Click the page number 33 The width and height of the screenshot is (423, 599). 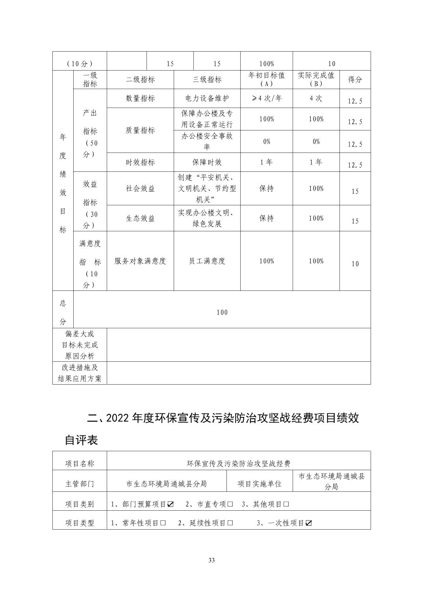click(211, 560)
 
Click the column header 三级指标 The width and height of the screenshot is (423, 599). click(207, 80)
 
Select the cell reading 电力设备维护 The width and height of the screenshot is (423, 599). click(207, 99)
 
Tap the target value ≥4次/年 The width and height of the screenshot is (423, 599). click(267, 99)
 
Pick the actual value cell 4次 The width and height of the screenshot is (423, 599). click(316, 99)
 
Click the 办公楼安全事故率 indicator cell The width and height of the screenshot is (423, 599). click(207, 141)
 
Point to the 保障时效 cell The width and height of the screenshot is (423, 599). click(207, 162)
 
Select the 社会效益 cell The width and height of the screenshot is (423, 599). click(140, 188)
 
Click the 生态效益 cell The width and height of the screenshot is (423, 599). click(140, 218)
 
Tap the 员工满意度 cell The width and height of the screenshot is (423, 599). click(207, 261)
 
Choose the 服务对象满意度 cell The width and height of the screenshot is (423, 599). click(140, 261)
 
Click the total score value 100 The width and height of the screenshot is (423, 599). click(222, 313)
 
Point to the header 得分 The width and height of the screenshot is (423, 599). click(355, 80)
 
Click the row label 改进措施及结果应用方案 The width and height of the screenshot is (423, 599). click(80, 373)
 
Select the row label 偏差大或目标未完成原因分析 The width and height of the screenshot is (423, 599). click(80, 345)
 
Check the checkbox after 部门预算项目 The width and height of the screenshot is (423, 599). click(171, 504)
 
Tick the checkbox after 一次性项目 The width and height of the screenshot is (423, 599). click(309, 523)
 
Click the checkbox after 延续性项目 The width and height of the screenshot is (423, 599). click(230, 523)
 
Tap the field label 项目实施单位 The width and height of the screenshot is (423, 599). click(260, 484)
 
